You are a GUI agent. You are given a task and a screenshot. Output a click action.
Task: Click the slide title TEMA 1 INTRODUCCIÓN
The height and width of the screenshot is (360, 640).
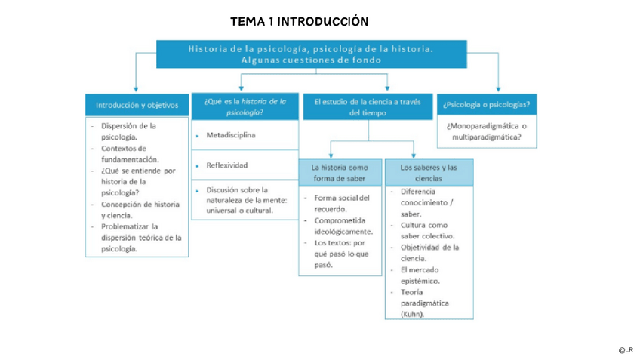(300, 21)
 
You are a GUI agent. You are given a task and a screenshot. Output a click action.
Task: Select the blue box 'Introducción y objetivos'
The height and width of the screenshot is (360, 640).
(137, 105)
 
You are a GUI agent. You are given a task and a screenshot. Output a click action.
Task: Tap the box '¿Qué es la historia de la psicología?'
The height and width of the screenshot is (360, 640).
(245, 106)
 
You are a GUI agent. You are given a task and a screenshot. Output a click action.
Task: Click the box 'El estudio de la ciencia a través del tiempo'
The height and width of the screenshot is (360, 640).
(368, 106)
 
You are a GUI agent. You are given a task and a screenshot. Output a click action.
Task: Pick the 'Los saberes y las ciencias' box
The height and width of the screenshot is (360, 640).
(429, 173)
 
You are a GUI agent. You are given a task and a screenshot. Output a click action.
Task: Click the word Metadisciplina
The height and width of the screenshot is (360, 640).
(231, 135)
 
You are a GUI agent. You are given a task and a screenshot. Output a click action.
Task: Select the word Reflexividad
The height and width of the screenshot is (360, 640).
(226, 165)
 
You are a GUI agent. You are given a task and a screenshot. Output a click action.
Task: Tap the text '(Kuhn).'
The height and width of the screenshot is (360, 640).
(412, 314)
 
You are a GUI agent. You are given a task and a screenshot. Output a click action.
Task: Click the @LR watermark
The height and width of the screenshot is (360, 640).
(625, 350)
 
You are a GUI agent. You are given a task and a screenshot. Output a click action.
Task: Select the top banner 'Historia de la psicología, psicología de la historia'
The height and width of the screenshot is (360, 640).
(311, 54)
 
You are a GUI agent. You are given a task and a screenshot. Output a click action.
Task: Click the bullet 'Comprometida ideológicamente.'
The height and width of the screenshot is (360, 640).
(343, 226)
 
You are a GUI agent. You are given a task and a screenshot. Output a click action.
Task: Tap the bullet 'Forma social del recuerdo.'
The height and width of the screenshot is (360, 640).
(341, 203)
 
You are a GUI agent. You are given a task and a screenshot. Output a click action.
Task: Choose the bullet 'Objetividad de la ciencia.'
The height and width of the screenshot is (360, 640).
(429, 252)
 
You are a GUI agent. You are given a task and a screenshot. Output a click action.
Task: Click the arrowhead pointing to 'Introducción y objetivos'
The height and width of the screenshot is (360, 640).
(136, 89)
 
